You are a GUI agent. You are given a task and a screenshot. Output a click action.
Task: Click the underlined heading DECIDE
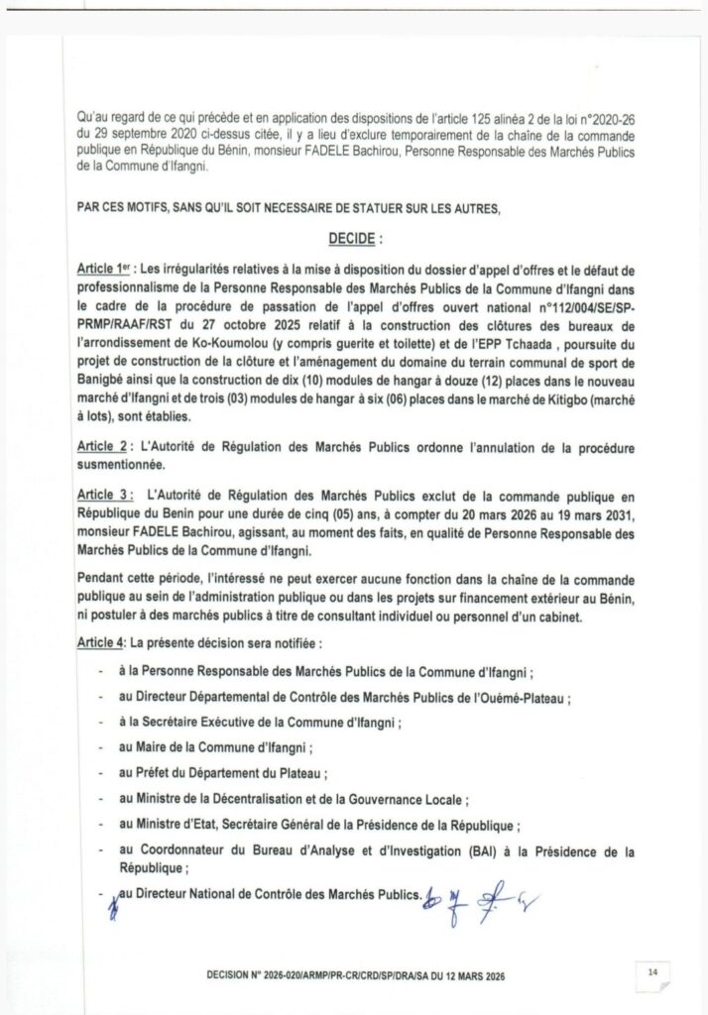[354, 240]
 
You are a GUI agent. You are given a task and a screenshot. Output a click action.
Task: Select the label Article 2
[106, 448]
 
